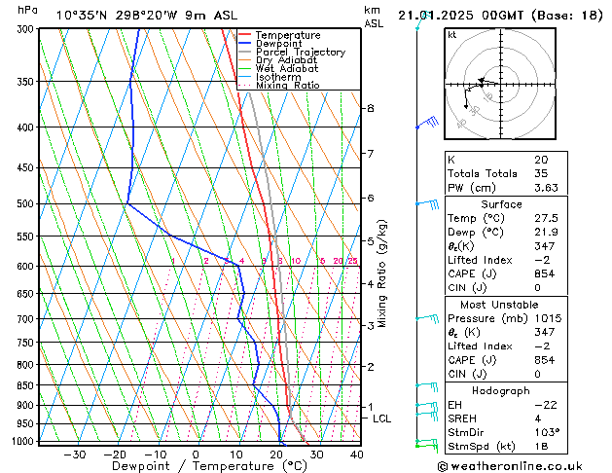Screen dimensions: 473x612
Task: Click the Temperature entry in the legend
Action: point(287,35)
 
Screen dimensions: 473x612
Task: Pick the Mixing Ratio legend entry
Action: point(287,86)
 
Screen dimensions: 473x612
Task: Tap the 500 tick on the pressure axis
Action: point(25,204)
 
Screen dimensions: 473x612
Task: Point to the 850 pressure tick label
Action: point(25,385)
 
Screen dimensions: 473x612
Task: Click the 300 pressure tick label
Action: point(25,29)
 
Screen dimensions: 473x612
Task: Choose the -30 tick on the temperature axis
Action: point(75,455)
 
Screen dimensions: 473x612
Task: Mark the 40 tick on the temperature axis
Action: point(356,455)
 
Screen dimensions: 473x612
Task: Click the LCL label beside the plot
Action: point(382,418)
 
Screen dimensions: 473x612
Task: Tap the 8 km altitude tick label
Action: point(371,108)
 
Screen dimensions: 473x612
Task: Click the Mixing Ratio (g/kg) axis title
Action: point(383,273)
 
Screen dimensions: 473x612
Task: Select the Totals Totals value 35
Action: point(540,173)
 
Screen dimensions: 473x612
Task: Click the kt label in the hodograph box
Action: point(452,34)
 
